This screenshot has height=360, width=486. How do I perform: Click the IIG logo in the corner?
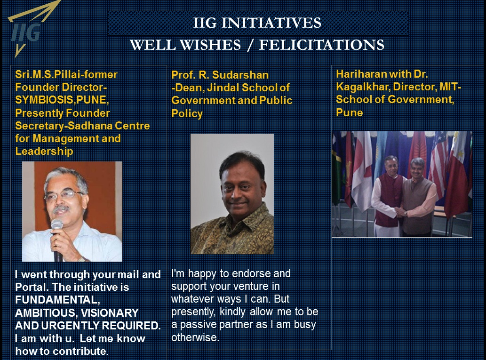(28, 30)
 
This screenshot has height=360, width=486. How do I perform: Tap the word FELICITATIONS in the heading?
(322, 45)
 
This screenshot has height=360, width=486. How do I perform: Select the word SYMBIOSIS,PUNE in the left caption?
(61, 100)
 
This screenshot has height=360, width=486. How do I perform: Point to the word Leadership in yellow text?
(44, 152)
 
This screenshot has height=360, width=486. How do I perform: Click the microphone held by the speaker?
(57, 239)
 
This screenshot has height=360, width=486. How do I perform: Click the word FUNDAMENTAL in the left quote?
(57, 300)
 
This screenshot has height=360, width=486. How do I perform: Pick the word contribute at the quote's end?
(80, 352)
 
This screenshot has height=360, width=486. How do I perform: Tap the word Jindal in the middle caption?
(223, 88)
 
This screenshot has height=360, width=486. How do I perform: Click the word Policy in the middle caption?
(187, 113)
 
